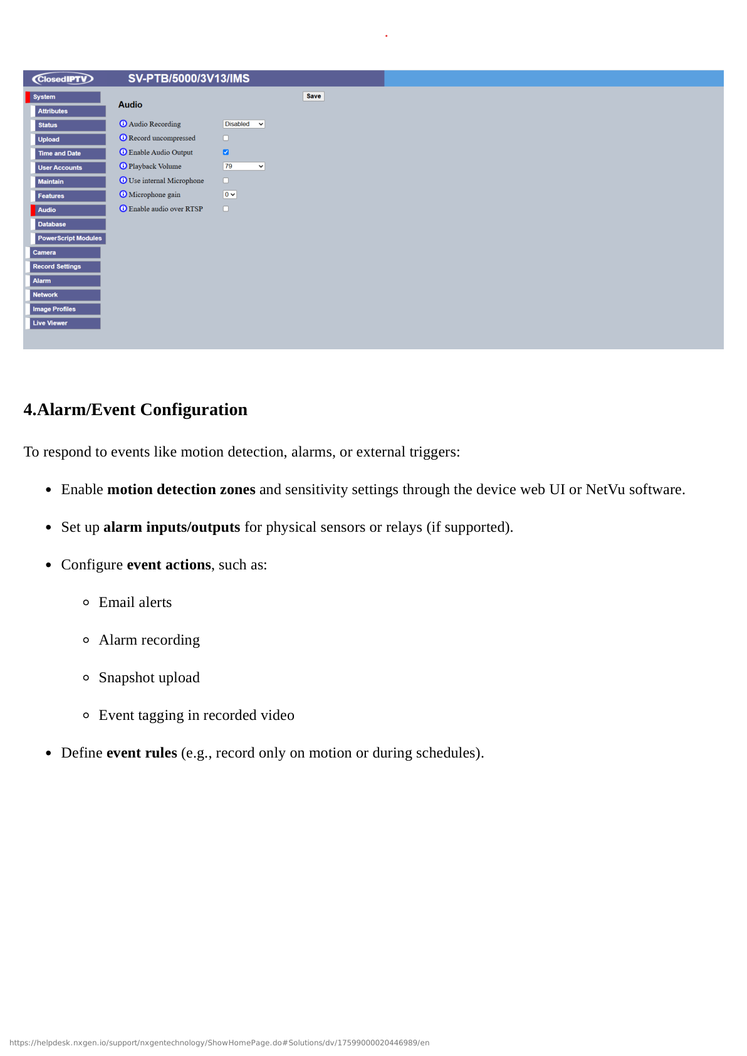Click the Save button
(313, 96)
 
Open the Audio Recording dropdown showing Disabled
(244, 124)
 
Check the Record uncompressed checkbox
(226, 138)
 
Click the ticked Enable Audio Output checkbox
(226, 152)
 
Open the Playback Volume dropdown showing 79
(244, 166)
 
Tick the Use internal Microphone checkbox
(226, 181)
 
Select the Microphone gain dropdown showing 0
(230, 194)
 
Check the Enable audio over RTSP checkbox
(226, 209)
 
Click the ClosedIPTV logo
(63, 78)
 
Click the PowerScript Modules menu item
(69, 238)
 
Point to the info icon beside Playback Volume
(123, 166)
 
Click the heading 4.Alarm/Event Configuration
(135, 409)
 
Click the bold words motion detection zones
(181, 490)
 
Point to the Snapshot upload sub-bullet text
(149, 678)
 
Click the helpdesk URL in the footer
(219, 1043)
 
